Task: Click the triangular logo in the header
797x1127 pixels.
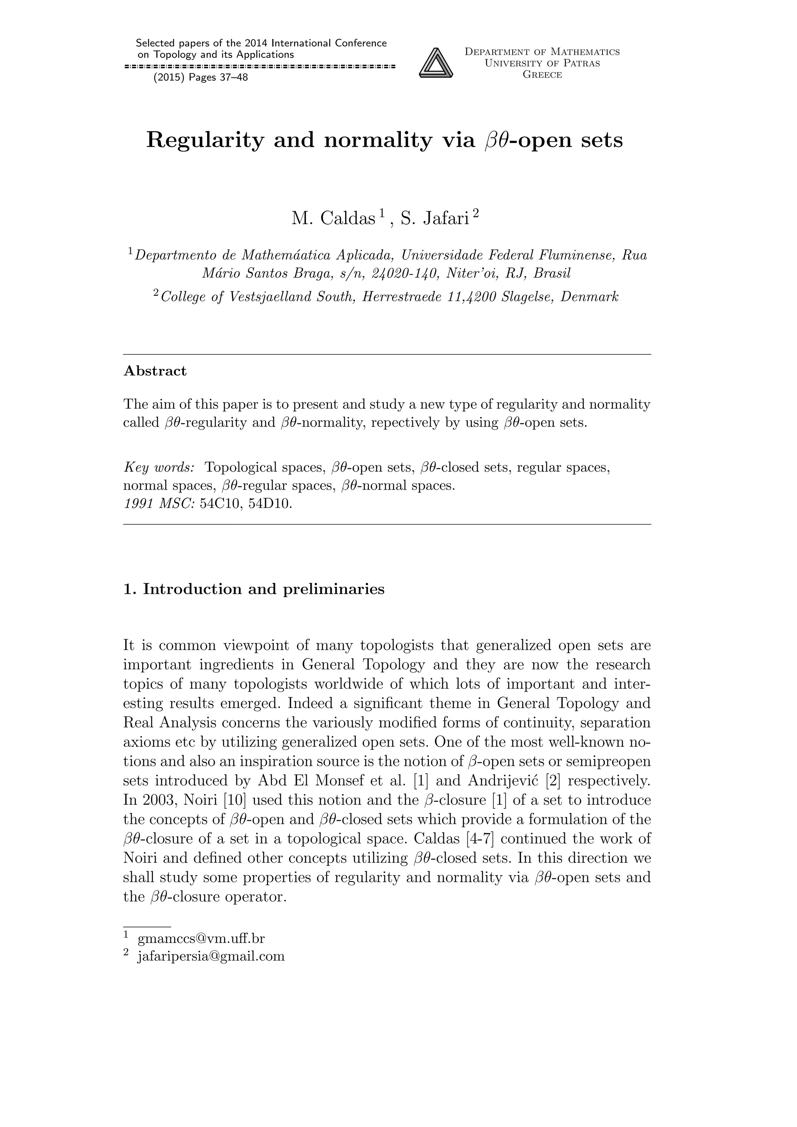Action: [435, 63]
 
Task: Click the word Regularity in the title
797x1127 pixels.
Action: [205, 140]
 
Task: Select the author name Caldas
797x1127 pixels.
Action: [348, 218]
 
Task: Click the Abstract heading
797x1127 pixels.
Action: [155, 371]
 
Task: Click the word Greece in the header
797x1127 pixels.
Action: [542, 75]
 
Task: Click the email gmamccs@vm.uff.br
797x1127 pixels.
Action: [201, 939]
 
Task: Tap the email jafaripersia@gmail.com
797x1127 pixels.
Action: [211, 957]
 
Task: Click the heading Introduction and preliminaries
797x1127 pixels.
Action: [263, 589]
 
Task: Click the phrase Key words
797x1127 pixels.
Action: [159, 467]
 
